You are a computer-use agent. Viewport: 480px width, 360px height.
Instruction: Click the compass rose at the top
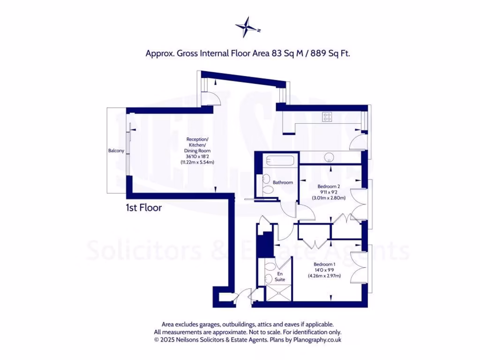point(247,27)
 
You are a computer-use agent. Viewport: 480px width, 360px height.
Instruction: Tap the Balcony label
point(116,150)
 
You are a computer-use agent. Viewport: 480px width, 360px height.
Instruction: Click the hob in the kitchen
point(327,117)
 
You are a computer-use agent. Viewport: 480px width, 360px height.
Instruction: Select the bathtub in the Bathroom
point(279,161)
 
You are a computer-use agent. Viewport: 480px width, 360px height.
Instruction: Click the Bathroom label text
point(283,182)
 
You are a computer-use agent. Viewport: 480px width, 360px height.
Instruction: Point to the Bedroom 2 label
point(329,186)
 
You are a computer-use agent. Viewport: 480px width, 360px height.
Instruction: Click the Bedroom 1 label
point(324,264)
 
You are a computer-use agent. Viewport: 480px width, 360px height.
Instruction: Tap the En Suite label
point(280,276)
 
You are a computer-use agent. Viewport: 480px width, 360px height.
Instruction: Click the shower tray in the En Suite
point(278,293)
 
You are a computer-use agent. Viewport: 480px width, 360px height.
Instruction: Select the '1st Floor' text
point(143,207)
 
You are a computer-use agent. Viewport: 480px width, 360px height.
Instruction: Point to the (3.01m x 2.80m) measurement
point(329,198)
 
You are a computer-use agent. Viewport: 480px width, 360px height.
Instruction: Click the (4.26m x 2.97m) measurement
point(324,276)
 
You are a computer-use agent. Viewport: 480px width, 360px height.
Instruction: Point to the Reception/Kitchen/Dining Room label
point(197,145)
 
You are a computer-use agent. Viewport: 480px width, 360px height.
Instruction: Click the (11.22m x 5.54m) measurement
point(197,162)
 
